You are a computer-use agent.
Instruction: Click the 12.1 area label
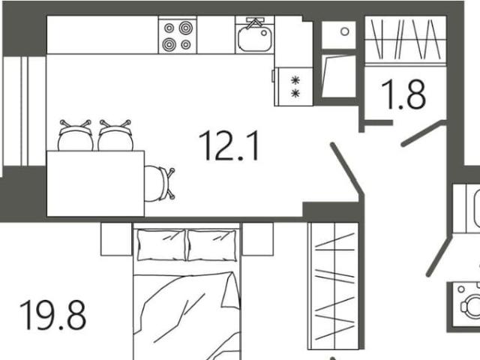click(x=229, y=145)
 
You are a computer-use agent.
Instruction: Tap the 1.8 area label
click(x=403, y=94)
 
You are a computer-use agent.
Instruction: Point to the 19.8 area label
click(x=52, y=315)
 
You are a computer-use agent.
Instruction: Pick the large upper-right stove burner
click(x=185, y=28)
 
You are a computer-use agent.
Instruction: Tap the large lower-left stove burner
click(x=169, y=44)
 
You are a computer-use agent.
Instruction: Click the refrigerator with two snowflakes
click(x=293, y=87)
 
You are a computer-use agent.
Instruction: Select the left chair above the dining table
click(x=75, y=136)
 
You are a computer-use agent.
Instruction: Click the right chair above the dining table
click(x=115, y=136)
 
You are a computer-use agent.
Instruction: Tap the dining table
click(x=95, y=183)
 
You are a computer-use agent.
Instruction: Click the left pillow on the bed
click(x=161, y=245)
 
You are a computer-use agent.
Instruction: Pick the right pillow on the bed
click(x=211, y=245)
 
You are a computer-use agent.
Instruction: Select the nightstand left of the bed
click(x=117, y=239)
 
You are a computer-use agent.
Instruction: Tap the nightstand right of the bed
click(x=258, y=239)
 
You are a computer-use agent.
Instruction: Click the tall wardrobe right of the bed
click(x=333, y=286)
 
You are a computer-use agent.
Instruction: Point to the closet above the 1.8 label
click(x=405, y=41)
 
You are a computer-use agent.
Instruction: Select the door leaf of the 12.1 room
click(x=347, y=169)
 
